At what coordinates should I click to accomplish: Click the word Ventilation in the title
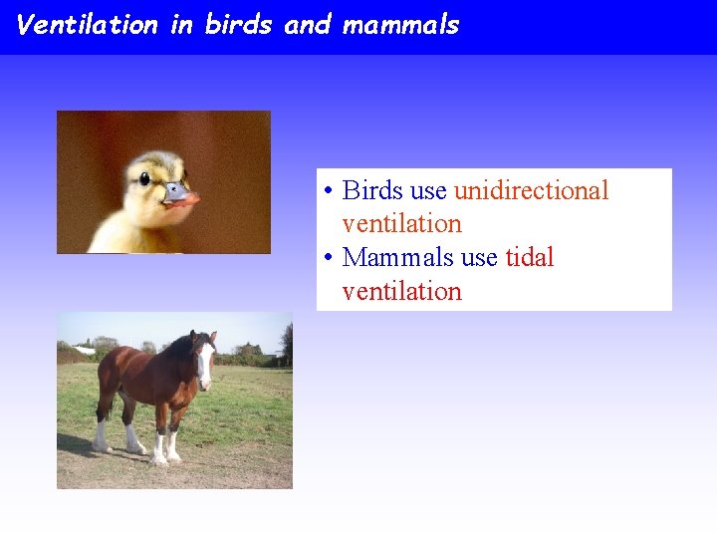(88, 25)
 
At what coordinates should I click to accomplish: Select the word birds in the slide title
(239, 25)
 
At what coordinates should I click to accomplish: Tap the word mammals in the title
(400, 25)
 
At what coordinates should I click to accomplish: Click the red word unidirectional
(531, 190)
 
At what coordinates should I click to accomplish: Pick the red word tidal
(529, 257)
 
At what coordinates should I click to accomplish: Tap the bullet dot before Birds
(328, 191)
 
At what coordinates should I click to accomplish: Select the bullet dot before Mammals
(328, 258)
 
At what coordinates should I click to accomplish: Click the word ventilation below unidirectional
(401, 224)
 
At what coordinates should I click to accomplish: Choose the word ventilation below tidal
(401, 292)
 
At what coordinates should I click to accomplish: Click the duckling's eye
(144, 179)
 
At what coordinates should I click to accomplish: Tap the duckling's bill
(181, 193)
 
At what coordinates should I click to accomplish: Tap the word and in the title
(307, 25)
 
